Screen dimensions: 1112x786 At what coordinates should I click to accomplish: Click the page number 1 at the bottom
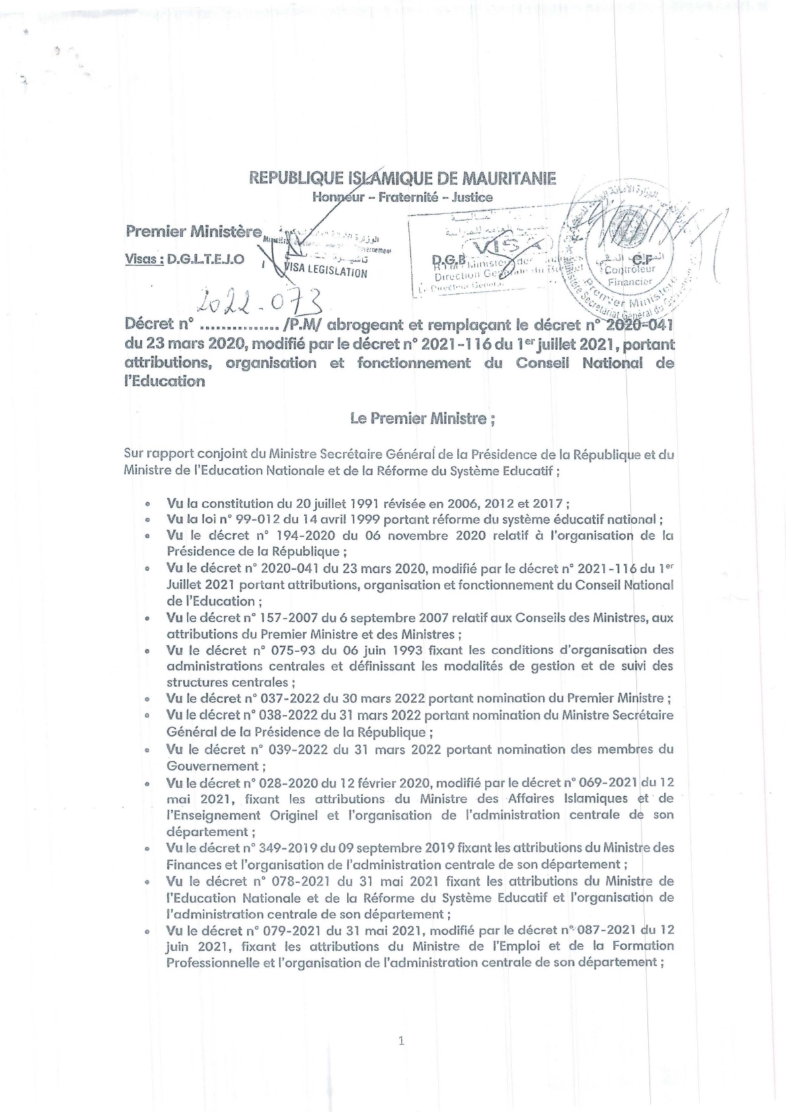pyautogui.click(x=401, y=1042)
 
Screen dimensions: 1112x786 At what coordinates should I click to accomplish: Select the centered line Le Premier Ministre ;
pyautogui.click(x=423, y=418)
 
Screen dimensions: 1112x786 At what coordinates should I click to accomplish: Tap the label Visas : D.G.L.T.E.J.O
pyautogui.click(x=184, y=260)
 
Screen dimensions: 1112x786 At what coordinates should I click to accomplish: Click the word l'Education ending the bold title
pyautogui.click(x=164, y=381)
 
